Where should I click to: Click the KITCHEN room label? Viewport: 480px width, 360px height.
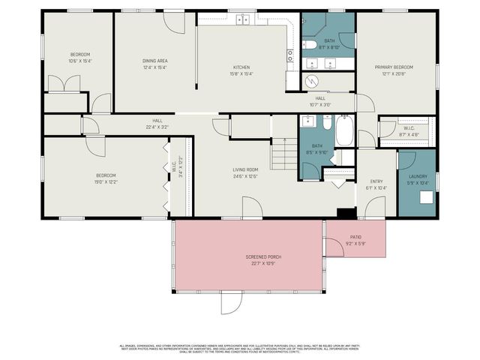pos(241,67)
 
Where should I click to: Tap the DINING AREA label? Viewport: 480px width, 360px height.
pos(154,60)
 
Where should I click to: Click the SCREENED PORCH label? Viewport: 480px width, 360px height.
pos(262,257)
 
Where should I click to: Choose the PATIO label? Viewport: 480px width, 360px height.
pos(355,238)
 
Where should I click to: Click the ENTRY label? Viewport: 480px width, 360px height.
pos(377,181)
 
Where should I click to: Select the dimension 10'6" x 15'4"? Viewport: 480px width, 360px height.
pos(79,61)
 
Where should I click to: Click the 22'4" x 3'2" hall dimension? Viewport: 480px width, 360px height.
pos(157,127)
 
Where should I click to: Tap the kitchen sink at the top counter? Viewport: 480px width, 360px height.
pos(243,19)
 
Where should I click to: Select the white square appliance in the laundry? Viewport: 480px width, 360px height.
pos(425,198)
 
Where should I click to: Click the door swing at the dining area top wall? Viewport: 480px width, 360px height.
pos(174,22)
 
